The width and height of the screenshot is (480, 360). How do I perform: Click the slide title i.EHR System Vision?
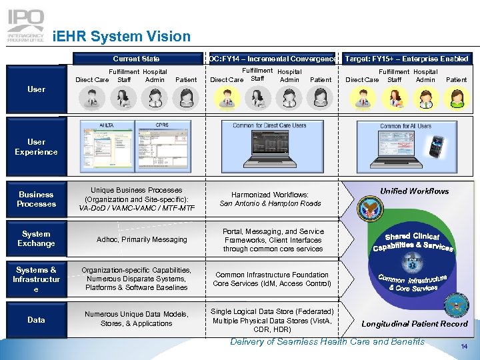[121, 37]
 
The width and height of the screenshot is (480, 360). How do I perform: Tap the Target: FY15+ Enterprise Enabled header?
[407, 59]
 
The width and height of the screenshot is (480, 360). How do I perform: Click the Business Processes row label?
[37, 199]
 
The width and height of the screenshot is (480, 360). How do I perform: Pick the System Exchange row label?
[37, 239]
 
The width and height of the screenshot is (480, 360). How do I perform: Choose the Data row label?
[37, 320]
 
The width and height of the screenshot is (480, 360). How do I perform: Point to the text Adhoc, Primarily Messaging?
[142, 239]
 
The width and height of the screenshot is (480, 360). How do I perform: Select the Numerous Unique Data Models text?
[136, 319]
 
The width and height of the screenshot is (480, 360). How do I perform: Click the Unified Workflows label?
[415, 191]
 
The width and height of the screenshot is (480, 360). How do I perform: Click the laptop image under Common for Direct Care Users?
[269, 150]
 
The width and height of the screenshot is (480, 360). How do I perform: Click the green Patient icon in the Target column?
[456, 99]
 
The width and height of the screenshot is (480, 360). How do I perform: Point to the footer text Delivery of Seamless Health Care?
[327, 342]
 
